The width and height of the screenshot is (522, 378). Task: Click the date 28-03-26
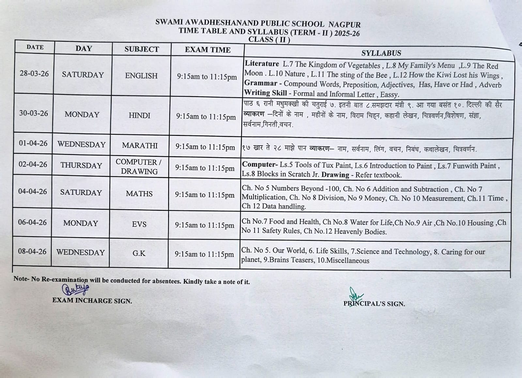tap(34, 74)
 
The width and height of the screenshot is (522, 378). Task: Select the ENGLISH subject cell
tap(141, 75)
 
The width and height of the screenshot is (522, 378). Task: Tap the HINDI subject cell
tap(140, 115)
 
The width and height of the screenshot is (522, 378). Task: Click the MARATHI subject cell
tap(140, 145)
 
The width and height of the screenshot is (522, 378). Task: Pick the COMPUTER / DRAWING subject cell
tap(139, 167)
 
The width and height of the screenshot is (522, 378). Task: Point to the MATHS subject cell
tap(139, 194)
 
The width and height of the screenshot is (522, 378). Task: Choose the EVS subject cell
tap(139, 224)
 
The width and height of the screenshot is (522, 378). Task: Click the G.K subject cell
tap(139, 253)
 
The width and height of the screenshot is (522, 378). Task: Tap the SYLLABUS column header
tap(381, 53)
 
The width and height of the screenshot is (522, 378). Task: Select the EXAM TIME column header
tap(207, 50)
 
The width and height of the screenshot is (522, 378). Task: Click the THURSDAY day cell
tap(81, 165)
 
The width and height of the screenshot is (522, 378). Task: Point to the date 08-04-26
tap(32, 252)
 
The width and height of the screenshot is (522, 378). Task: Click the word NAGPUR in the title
tap(345, 24)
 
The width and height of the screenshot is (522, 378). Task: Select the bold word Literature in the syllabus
tap(262, 64)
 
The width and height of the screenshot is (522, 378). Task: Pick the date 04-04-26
tap(33, 191)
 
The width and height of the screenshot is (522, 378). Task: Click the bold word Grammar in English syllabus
tap(261, 83)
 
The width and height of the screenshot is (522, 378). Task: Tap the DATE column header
tap(35, 47)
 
